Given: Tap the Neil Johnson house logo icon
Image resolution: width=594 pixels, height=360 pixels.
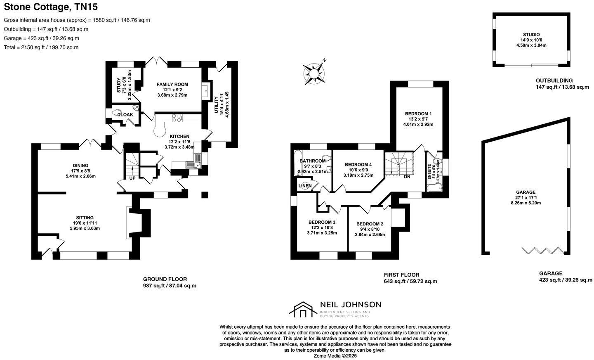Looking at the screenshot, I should (303, 310).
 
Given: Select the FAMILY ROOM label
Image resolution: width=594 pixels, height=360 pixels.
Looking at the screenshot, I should (172, 84).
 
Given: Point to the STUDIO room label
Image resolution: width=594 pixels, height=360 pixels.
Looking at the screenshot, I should (531, 35).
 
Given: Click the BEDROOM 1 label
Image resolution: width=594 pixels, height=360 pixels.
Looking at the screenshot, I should (418, 114).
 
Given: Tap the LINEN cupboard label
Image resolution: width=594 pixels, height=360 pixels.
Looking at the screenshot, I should (305, 186).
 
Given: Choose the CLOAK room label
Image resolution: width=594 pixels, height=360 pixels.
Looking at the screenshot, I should (125, 114).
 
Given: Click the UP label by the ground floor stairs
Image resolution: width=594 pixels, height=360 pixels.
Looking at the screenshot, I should (132, 178).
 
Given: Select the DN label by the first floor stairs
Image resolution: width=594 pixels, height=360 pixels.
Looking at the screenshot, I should (407, 177).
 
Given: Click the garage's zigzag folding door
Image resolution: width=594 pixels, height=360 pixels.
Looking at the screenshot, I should (542, 251).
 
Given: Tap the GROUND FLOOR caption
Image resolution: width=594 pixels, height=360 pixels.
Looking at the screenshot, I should (165, 279).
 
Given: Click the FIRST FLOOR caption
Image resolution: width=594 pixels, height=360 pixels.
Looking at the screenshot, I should (401, 275).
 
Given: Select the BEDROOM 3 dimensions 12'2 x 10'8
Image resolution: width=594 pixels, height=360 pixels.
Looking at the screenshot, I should (322, 227).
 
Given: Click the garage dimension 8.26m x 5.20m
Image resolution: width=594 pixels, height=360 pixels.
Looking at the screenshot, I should (526, 203).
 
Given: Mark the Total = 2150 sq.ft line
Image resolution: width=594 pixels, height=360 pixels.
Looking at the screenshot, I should (41, 47).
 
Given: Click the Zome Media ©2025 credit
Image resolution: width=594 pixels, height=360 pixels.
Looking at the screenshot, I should (335, 355).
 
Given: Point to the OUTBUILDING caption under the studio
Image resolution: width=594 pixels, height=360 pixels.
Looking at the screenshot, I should (554, 81).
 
